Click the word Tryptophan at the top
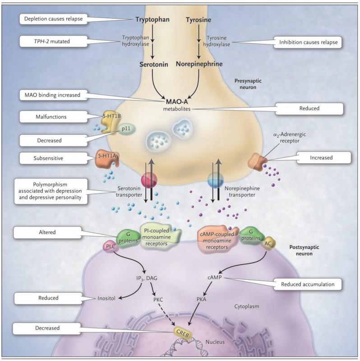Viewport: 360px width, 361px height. coord(152,19)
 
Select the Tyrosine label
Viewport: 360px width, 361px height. coord(198,20)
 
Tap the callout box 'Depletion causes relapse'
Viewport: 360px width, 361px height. coord(53,19)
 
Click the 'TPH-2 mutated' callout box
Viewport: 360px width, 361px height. coord(53,42)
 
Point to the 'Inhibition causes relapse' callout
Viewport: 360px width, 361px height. coord(308,42)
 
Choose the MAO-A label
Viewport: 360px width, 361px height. coord(177,102)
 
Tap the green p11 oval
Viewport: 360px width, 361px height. coord(126,129)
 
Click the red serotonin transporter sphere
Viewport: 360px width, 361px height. coord(149,179)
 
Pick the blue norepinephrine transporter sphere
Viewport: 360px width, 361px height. coord(216,179)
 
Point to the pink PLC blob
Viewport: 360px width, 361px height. coord(111,246)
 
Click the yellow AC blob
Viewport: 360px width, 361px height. coord(268,243)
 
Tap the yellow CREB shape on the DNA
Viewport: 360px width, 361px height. coord(183,333)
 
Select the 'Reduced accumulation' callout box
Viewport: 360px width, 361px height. coord(307,284)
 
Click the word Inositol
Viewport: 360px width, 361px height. coord(106,298)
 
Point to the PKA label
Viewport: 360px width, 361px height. coord(201,300)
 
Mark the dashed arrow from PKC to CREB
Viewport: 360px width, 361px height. coord(166,315)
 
